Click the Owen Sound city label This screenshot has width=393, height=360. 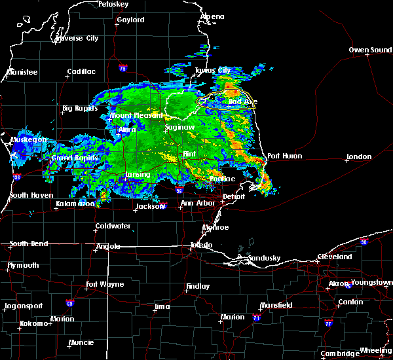(x=370, y=50)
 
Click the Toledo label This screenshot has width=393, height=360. (x=201, y=245)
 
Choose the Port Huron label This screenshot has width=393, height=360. (x=285, y=156)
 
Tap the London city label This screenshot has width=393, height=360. (x=359, y=157)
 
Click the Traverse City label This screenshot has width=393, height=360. (x=77, y=38)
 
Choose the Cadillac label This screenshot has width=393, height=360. (x=81, y=72)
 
